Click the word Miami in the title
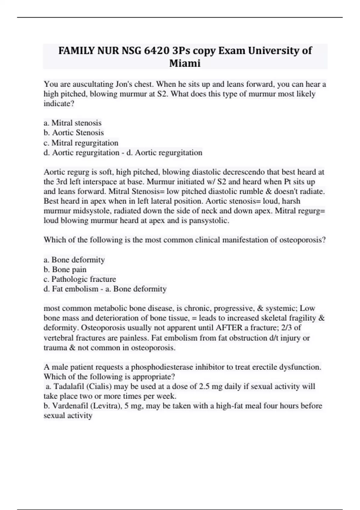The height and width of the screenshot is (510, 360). coord(185,63)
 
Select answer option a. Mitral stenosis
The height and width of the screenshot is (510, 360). coord(73,123)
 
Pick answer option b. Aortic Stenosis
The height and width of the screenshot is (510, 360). coord(73,133)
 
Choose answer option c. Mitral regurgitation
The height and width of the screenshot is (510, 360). coord(81,142)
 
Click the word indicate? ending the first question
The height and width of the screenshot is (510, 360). coord(59,104)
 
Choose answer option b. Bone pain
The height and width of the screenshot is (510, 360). coord(65,269)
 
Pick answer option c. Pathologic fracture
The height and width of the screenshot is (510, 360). coord(80,279)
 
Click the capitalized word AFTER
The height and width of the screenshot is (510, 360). coord(230,328)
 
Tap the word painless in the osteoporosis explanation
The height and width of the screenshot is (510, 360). coord(134,338)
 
